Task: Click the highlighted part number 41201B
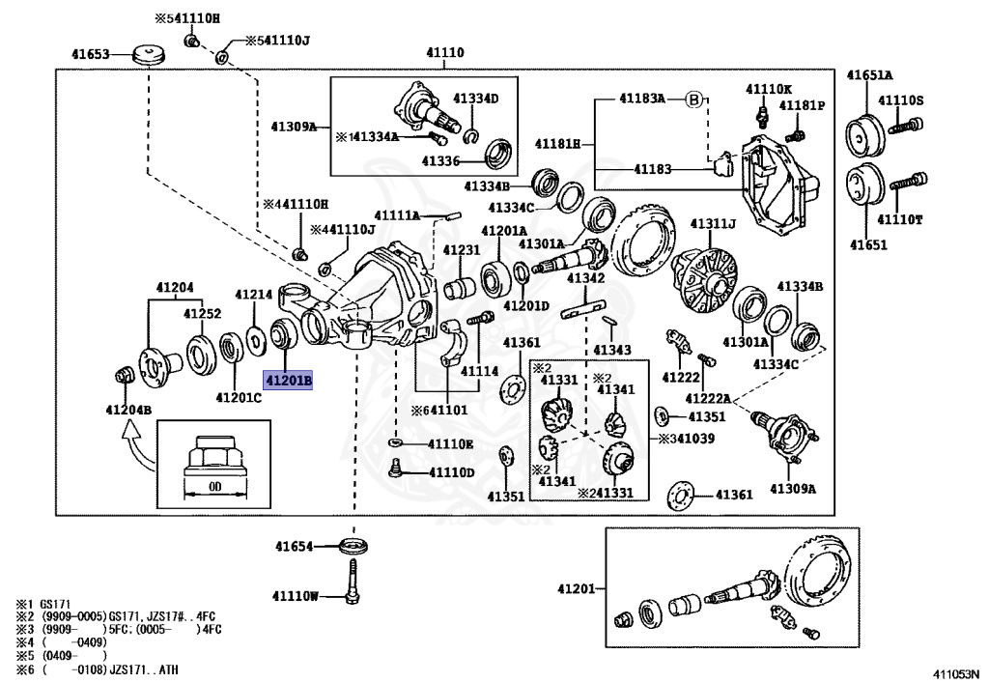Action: [x=290, y=382]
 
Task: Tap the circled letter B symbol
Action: [x=693, y=100]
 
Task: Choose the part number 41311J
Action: [x=713, y=224]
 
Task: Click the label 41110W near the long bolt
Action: [x=296, y=595]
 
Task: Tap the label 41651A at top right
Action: [x=870, y=74]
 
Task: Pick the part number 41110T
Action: [x=900, y=219]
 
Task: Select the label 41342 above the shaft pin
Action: [x=585, y=278]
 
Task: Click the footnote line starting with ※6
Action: [x=97, y=669]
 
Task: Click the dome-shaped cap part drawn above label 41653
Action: [x=150, y=53]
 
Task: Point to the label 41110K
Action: [x=768, y=89]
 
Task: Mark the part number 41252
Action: [x=204, y=314]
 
